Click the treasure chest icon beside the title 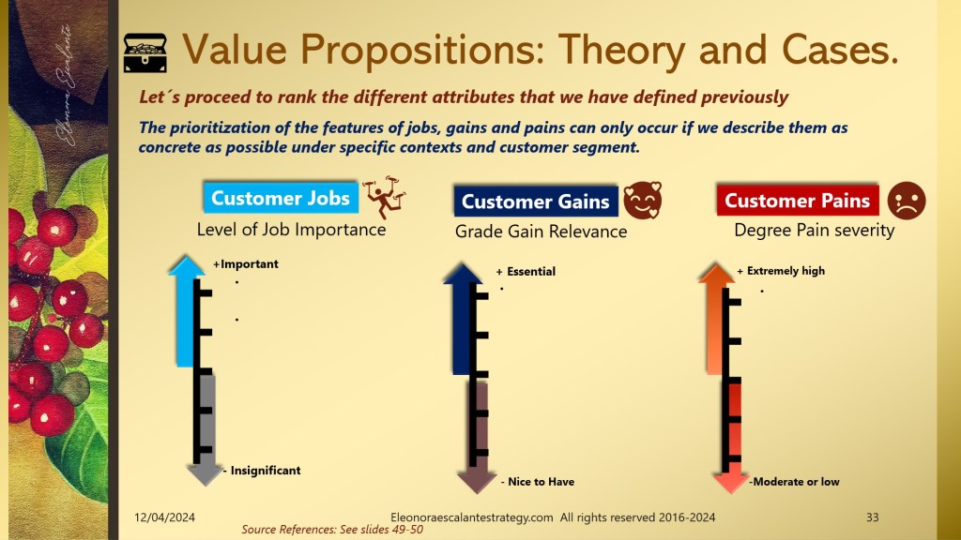tap(145, 52)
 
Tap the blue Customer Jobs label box tap(281, 198)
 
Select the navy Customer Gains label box tap(536, 202)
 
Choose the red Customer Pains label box tap(798, 201)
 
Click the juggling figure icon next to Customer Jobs tap(384, 197)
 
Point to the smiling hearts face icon tap(643, 201)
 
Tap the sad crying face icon tap(907, 201)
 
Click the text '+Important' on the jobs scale tap(246, 263)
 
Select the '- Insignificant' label tap(262, 471)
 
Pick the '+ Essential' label tap(526, 271)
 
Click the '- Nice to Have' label tap(538, 481)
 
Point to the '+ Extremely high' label tap(781, 271)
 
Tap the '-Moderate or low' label tap(794, 481)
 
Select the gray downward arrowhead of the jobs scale tap(205, 473)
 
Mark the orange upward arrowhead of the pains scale tap(716, 273)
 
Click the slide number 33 tap(872, 517)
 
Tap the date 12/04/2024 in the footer tap(165, 517)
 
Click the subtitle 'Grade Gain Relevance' tap(542, 232)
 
